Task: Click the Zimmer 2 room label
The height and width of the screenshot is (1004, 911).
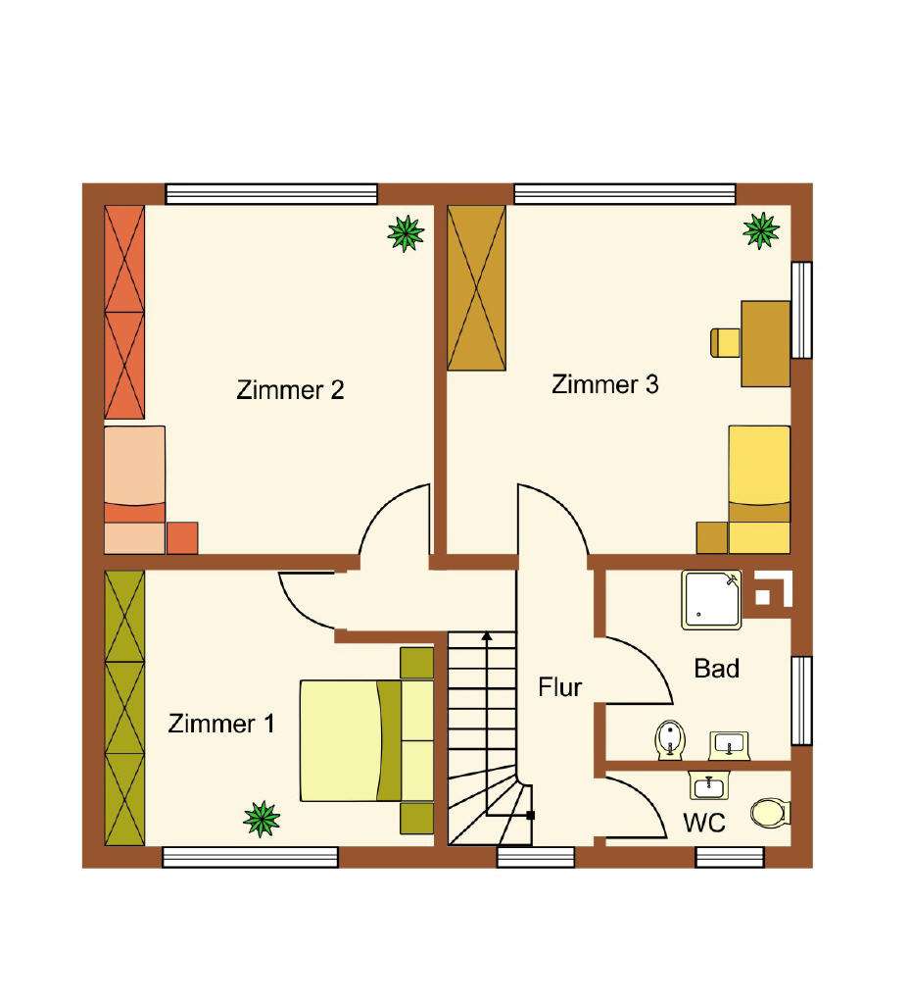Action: [x=290, y=390]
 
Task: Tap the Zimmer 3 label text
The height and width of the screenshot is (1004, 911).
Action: [x=604, y=384]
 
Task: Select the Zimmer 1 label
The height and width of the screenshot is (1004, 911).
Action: [x=221, y=725]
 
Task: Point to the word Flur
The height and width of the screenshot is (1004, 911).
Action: [x=559, y=687]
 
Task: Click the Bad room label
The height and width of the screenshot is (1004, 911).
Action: [x=716, y=669]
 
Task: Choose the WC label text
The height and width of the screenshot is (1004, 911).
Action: [x=703, y=824]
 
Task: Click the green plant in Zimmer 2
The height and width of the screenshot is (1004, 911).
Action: [x=405, y=232]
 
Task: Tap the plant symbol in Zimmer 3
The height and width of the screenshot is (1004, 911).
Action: [x=761, y=229]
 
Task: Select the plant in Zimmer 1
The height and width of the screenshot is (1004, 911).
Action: [x=262, y=819]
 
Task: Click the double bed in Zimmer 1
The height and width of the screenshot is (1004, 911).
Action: [x=364, y=740]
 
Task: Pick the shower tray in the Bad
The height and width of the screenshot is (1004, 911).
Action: [x=712, y=598]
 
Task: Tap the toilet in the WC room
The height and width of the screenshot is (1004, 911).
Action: [x=769, y=813]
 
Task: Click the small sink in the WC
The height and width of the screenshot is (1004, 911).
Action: [x=707, y=786]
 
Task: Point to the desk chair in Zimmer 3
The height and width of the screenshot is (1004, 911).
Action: [x=724, y=342]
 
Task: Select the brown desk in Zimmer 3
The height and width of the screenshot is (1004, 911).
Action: [x=765, y=343]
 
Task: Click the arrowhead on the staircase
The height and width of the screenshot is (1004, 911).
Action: [x=486, y=637]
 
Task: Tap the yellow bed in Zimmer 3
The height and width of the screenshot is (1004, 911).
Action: [x=759, y=488]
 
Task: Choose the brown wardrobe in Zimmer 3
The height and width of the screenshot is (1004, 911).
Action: [x=476, y=287]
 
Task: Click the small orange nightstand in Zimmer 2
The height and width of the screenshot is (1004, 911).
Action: [x=182, y=538]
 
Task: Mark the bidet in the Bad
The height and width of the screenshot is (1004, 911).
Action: [x=670, y=739]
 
